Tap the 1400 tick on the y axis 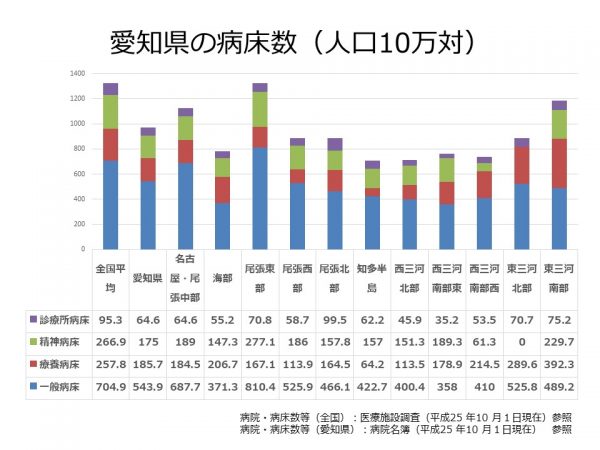[x=77, y=74]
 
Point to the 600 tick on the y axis [x=78, y=174]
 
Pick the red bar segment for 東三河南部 [x=558, y=163]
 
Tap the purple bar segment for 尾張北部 [x=334, y=144]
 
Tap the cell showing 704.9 [x=110, y=386]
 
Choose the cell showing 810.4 [x=260, y=386]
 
